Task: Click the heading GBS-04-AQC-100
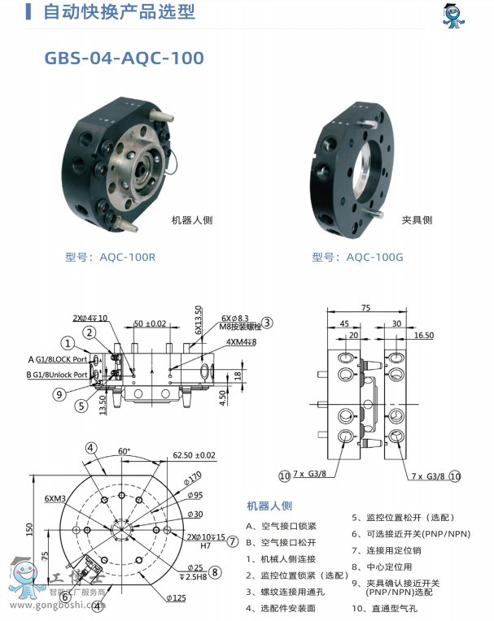tap(124, 59)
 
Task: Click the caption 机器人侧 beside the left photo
tap(191, 219)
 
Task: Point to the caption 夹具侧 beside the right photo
tap(417, 219)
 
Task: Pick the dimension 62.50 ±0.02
tap(194, 456)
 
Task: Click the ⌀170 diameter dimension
tap(195, 476)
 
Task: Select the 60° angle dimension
tap(124, 450)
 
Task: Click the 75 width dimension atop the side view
tap(365, 309)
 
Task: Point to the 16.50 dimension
tap(423, 335)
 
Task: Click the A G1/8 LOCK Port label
tap(68, 358)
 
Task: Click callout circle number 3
tap(267, 323)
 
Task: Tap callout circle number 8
tap(215, 571)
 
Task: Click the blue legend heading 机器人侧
tap(269, 506)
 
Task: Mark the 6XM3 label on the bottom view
tap(56, 498)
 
